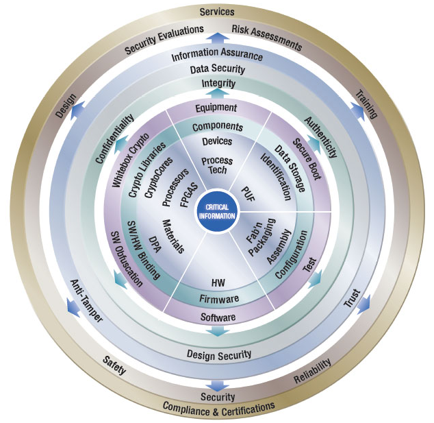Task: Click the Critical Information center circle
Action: pyautogui.click(x=216, y=211)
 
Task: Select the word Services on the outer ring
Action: pyautogui.click(x=216, y=12)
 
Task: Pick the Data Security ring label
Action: pyautogui.click(x=216, y=70)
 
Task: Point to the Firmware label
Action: pyautogui.click(x=219, y=299)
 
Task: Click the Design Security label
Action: pyautogui.click(x=219, y=354)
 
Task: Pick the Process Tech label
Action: pyautogui.click(x=217, y=165)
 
